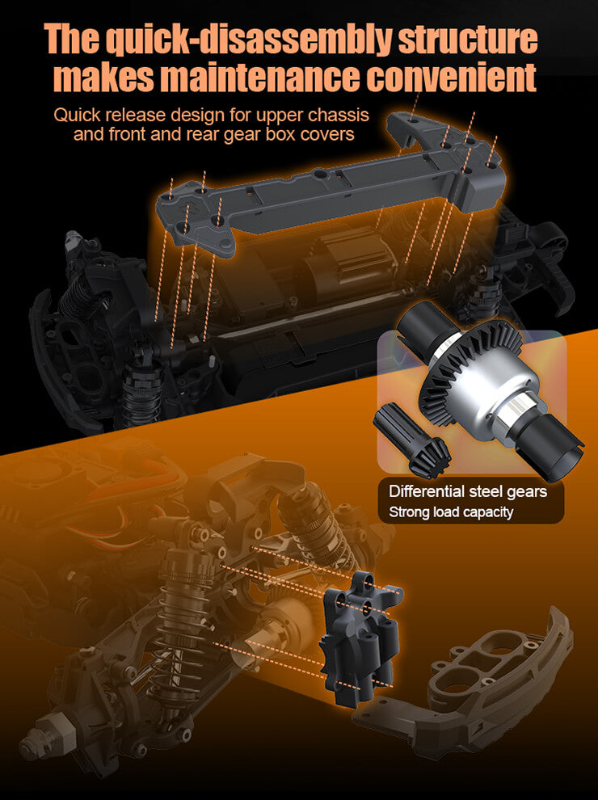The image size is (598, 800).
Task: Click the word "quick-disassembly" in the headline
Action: click(250, 40)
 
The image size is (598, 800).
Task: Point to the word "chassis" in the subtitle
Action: click(339, 116)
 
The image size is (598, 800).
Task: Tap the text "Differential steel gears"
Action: click(467, 491)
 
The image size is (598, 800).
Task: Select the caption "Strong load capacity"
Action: click(451, 512)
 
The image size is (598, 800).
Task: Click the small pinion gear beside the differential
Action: click(411, 438)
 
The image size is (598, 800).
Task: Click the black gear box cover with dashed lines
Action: click(360, 638)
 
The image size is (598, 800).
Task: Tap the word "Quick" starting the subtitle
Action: click(77, 116)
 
